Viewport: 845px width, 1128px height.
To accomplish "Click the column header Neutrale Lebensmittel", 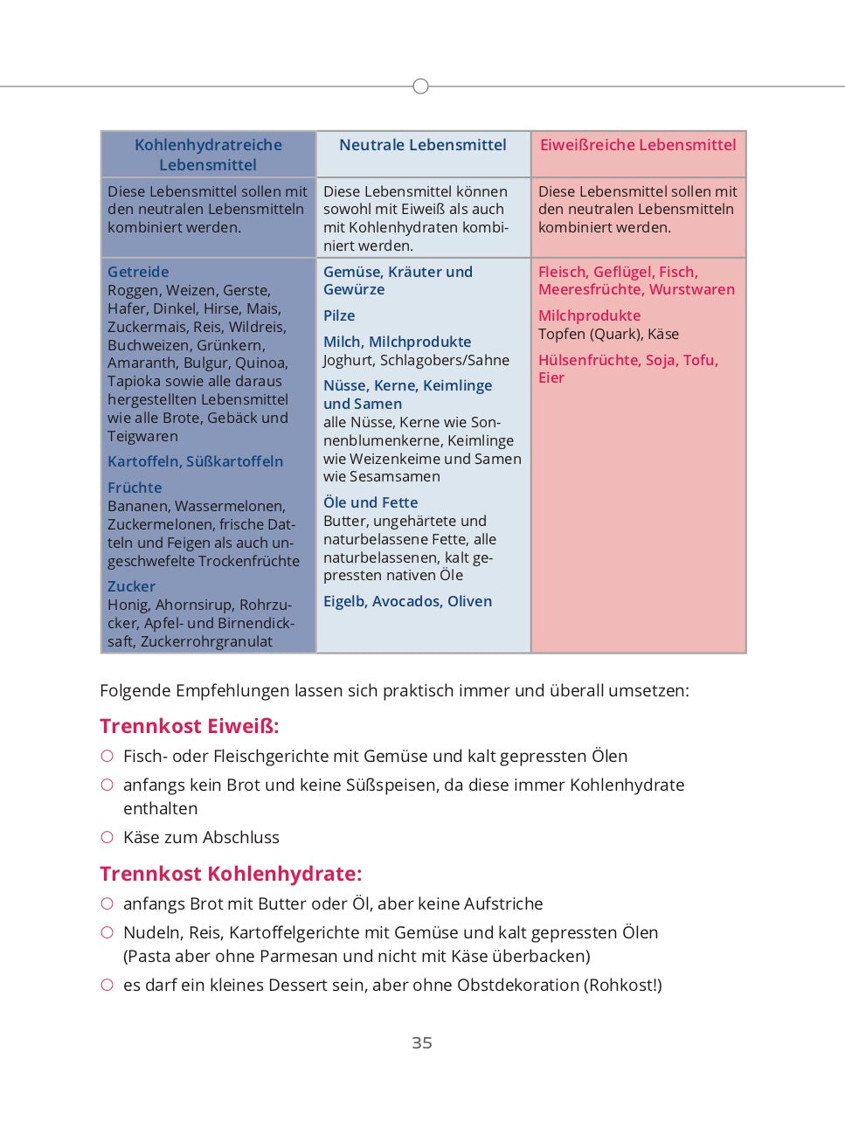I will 422,145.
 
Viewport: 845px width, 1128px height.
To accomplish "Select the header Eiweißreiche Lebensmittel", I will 638,145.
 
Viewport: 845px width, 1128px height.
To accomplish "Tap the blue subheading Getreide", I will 138,272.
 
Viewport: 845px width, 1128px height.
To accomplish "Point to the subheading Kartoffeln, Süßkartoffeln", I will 195,461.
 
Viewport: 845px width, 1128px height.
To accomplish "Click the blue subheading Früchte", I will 135,488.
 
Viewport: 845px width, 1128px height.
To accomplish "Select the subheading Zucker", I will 131,586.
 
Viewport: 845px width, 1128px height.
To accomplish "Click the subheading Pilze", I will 339,315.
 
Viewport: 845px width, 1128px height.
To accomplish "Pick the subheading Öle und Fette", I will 371,502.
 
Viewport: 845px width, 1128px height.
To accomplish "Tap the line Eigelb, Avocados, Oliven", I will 407,601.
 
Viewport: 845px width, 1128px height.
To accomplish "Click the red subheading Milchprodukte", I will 589,315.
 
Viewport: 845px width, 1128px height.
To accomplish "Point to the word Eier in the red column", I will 551,377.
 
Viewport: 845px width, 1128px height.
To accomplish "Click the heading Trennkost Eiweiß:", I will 190,726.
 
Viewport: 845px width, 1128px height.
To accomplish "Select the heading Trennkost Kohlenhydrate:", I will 231,874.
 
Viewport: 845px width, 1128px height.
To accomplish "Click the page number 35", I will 422,1042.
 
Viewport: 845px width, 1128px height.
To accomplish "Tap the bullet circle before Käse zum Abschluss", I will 107,837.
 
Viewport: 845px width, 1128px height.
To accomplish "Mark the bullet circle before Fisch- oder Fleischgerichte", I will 107,756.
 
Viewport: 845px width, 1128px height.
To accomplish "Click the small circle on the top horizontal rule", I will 420,87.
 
